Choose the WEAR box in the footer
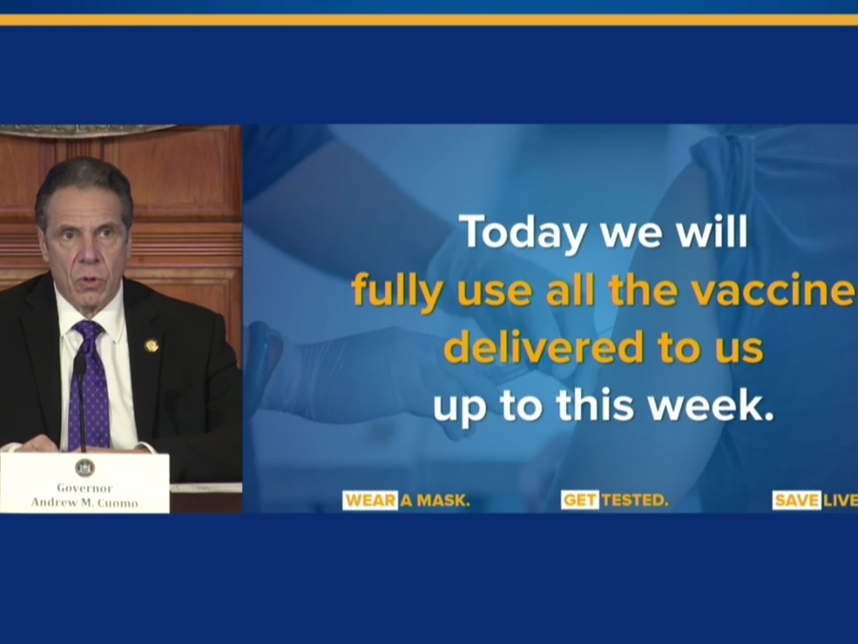click(x=370, y=500)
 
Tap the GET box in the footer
click(x=579, y=500)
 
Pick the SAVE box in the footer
click(x=796, y=500)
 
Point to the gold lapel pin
click(x=152, y=346)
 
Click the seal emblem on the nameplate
click(x=84, y=468)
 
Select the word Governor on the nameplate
click(x=84, y=488)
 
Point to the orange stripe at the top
click(x=429, y=20)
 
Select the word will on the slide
click(x=714, y=234)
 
